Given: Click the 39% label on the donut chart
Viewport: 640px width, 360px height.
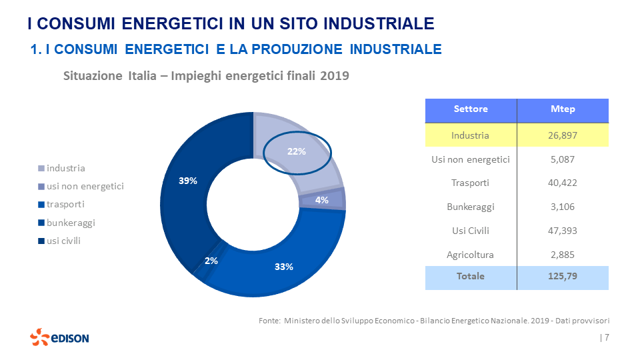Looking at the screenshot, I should pos(188,181).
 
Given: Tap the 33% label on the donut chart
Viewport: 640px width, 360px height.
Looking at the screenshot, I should pos(284,267).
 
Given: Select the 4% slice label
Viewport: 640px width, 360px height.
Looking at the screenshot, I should pos(321,200).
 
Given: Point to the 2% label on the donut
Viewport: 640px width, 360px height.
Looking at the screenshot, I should pos(211,261).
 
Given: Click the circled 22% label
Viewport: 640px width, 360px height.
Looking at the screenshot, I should pos(297,151).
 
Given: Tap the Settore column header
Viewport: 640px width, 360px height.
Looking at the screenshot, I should pos(471,109).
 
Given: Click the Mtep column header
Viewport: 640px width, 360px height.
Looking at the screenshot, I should pos(563,109).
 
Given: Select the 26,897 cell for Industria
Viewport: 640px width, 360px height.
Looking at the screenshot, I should pos(563,135).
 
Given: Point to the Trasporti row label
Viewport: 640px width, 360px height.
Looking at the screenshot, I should pos(470,183).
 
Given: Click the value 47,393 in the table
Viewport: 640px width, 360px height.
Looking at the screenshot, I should pos(563,231).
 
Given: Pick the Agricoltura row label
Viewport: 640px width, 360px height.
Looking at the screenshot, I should pos(470,255).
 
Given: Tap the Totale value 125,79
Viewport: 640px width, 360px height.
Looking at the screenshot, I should pos(563,276).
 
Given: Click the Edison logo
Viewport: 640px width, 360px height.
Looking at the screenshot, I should pos(59,337).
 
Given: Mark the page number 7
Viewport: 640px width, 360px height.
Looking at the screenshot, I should pos(607,337).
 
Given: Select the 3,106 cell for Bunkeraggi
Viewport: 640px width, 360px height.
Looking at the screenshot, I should pos(563,207).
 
